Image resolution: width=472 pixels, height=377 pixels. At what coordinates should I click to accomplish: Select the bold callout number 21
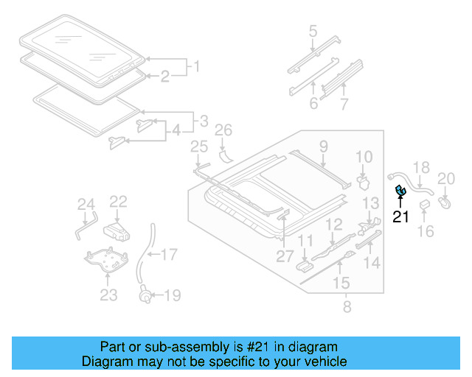(x=400, y=216)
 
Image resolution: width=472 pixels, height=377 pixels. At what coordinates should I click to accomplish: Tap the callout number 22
(x=119, y=202)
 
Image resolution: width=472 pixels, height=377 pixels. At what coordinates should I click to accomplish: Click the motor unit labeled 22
(x=117, y=230)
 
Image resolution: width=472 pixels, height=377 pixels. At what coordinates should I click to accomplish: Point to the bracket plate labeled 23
(x=108, y=261)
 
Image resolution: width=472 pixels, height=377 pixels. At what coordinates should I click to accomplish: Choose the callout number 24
(x=86, y=205)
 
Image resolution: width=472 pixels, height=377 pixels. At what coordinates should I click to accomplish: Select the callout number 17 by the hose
(x=170, y=256)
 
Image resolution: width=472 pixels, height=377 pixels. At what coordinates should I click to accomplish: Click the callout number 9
(x=323, y=148)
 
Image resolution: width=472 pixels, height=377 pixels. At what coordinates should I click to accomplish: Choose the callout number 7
(x=344, y=104)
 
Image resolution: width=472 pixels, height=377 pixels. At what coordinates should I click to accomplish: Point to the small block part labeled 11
(x=303, y=264)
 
